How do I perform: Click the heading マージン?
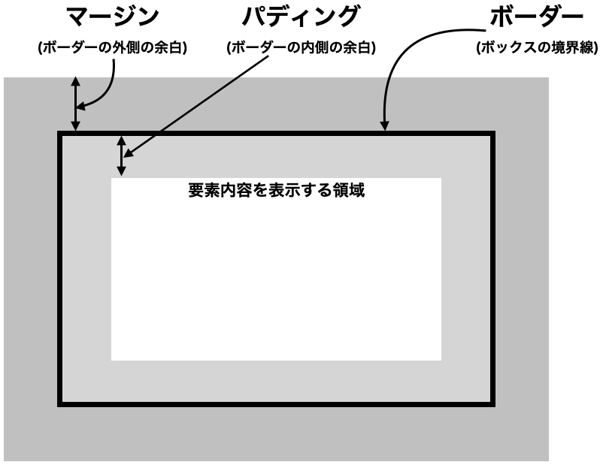click(x=113, y=17)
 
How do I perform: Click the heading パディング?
click(x=301, y=17)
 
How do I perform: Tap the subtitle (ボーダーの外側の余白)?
click(x=113, y=48)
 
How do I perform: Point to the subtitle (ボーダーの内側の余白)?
click(x=302, y=48)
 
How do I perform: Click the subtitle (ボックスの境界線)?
click(x=538, y=48)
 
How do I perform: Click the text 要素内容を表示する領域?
click(x=276, y=190)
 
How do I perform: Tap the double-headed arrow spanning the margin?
click(x=76, y=104)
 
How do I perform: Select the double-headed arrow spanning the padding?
click(x=121, y=156)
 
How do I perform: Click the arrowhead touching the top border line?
click(x=384, y=125)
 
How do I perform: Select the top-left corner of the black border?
click(x=58, y=131)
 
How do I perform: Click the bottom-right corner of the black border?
click(x=495, y=406)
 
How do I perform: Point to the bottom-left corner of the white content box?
click(x=111, y=361)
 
